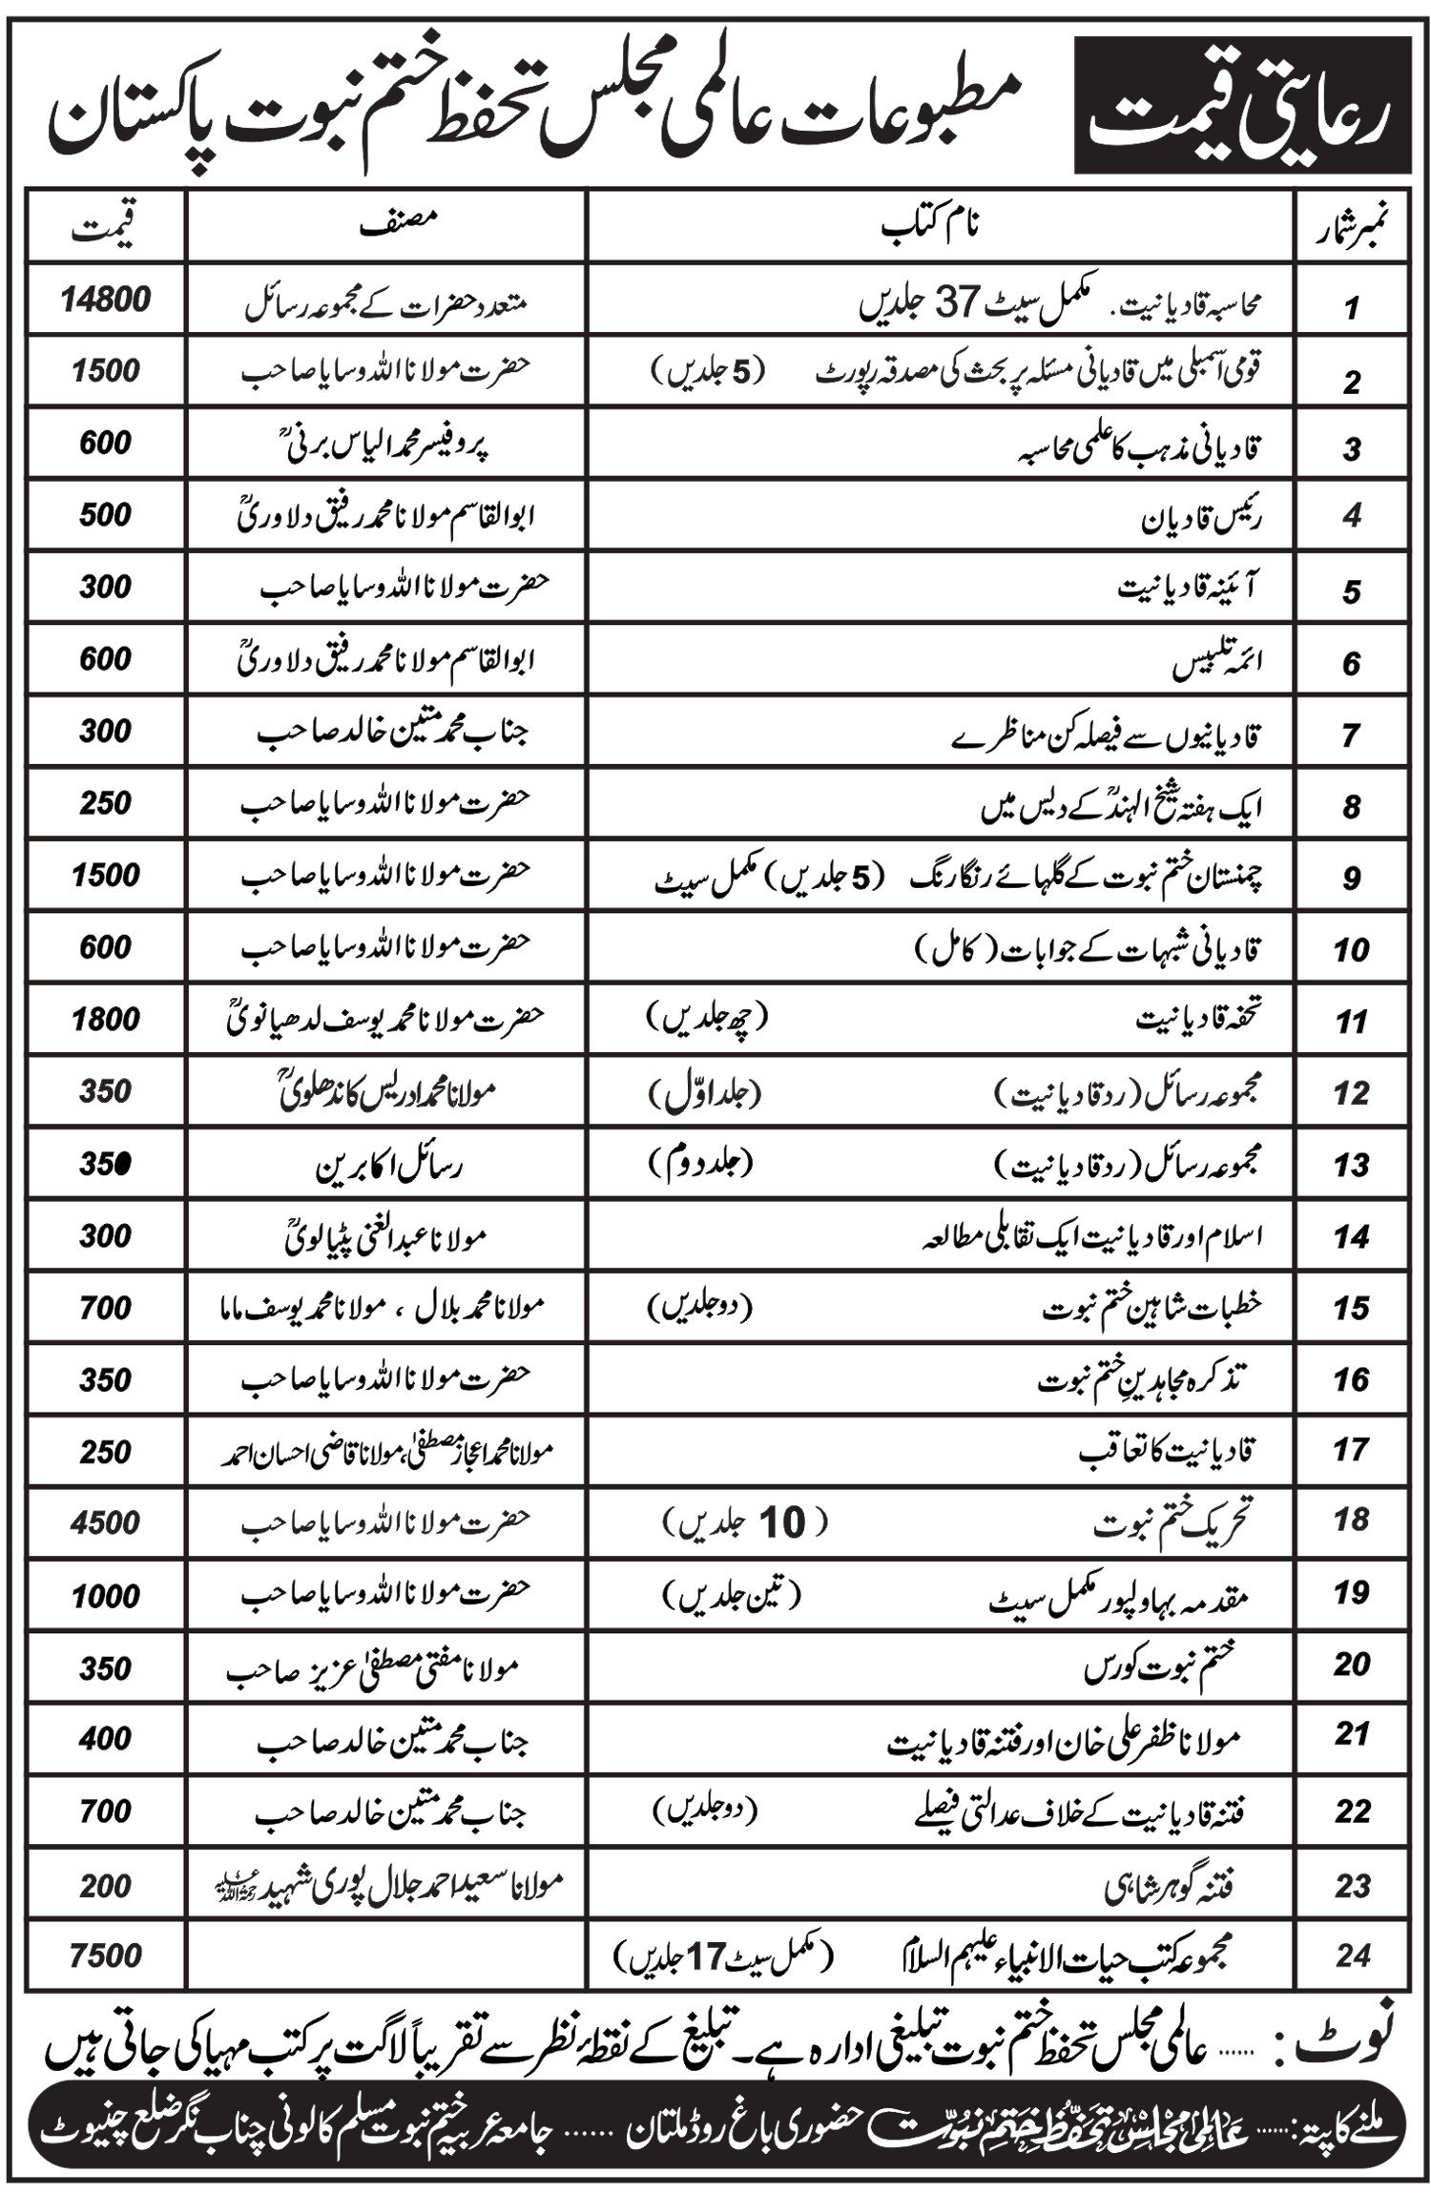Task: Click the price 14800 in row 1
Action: click(x=106, y=300)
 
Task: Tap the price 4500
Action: click(x=106, y=1522)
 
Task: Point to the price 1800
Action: click(x=106, y=1020)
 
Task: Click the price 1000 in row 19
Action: click(x=106, y=1596)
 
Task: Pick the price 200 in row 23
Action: click(x=106, y=1886)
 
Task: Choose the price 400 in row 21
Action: click(x=106, y=1739)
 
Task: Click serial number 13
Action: click(x=1352, y=1165)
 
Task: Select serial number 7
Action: click(x=1351, y=735)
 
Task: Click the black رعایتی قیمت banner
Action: click(x=1242, y=105)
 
